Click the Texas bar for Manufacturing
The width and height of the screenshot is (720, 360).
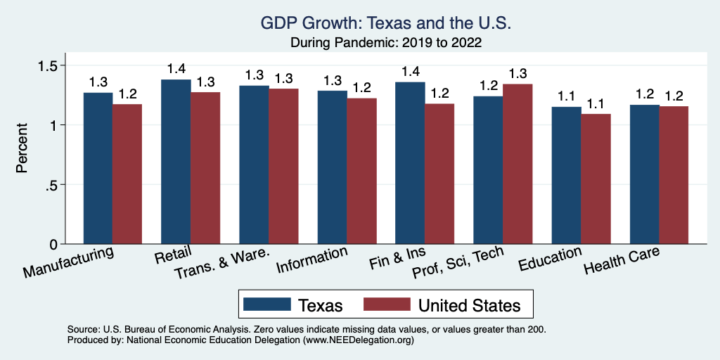click(x=98, y=169)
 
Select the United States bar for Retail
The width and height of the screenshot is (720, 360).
click(x=205, y=169)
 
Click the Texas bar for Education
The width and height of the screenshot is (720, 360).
click(x=566, y=176)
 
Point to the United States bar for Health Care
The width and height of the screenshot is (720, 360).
click(x=674, y=175)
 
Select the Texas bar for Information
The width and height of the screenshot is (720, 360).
click(x=332, y=168)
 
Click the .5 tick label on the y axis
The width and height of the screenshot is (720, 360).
click(x=51, y=185)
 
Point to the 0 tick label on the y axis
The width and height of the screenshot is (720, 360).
click(x=54, y=245)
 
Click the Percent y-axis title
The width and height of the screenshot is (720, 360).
click(x=22, y=148)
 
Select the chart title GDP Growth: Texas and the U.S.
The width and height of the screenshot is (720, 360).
click(x=385, y=23)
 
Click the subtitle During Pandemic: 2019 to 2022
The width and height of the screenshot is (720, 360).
click(x=385, y=42)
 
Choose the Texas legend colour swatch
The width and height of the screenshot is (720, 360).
click(x=266, y=304)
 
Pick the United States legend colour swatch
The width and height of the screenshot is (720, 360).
click(x=386, y=304)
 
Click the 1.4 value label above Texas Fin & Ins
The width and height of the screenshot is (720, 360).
click(x=410, y=72)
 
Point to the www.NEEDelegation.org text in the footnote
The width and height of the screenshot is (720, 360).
click(x=358, y=340)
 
